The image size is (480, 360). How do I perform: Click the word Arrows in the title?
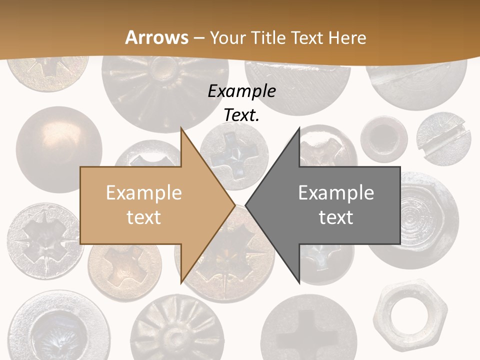click(x=157, y=37)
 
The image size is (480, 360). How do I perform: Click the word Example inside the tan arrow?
click(x=144, y=193)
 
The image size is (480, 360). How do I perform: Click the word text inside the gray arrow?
click(x=336, y=217)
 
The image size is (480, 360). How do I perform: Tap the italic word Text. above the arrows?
click(x=241, y=115)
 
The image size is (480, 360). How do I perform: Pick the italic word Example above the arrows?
click(x=241, y=91)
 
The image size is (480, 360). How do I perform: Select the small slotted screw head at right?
click(x=443, y=139)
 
